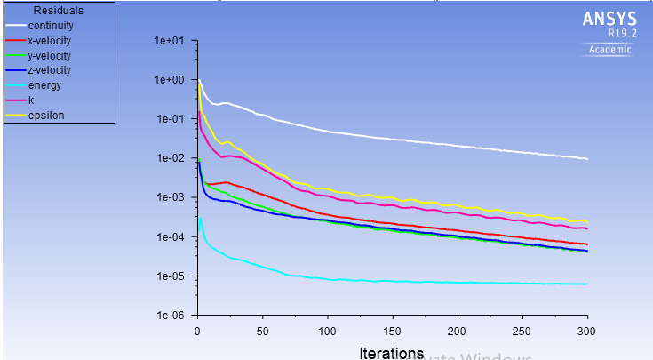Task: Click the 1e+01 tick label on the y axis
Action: [168, 41]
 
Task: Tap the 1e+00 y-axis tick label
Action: [168, 80]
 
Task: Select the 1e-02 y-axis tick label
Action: [168, 158]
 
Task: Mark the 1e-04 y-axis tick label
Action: [168, 237]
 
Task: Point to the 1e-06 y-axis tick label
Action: [168, 316]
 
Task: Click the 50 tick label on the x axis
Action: [262, 331]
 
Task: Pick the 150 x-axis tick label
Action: [392, 331]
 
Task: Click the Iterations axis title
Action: [391, 352]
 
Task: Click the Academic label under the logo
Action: [610, 50]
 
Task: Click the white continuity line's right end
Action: [587, 159]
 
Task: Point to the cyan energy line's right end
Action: [587, 284]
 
